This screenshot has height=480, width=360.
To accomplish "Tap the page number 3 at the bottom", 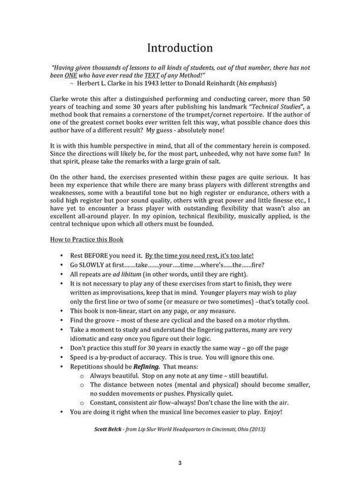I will point(180,461).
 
